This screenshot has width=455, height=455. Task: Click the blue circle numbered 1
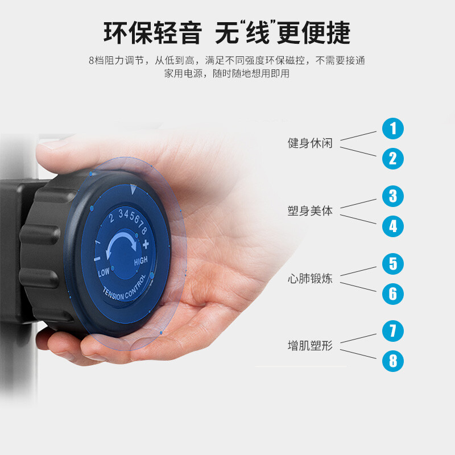[393, 129]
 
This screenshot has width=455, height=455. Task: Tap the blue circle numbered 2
[393, 159]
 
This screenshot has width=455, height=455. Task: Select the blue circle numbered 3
[393, 196]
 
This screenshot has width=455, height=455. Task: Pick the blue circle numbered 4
[393, 226]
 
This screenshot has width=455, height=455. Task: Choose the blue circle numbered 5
[393, 264]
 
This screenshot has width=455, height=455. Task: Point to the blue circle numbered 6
[393, 294]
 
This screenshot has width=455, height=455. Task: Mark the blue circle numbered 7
[393, 331]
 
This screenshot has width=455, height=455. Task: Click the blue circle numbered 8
[393, 361]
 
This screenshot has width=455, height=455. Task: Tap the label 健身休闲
[310, 143]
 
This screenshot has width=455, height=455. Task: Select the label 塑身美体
[310, 211]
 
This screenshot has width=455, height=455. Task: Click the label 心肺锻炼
[310, 279]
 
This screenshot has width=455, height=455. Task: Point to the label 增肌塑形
[310, 346]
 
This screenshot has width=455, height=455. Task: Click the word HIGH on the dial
[140, 261]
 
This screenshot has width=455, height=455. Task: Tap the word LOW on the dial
[104, 272]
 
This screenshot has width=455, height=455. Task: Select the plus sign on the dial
[146, 245]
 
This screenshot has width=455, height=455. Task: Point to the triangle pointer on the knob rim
[133, 189]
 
